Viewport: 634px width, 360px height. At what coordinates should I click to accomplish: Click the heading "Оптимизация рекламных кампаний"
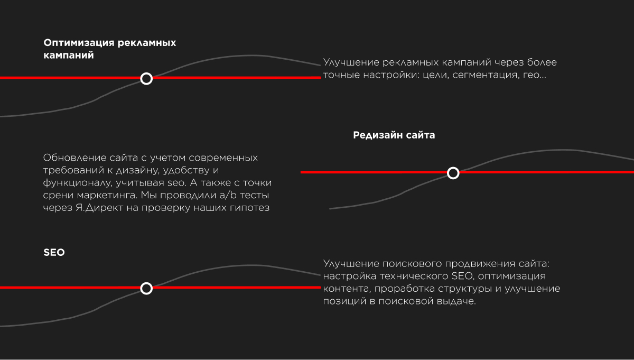point(109,49)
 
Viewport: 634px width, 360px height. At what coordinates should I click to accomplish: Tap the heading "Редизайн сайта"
point(394,135)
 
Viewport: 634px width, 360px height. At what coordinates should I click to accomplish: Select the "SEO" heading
point(54,252)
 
